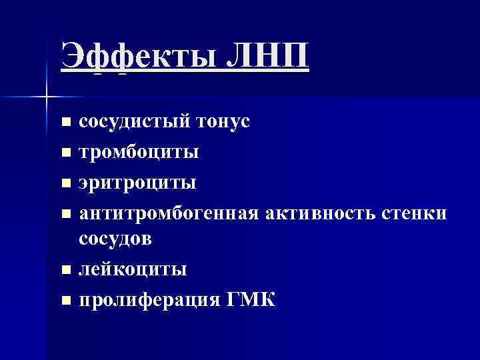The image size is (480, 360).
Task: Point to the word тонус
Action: [x=223, y=122]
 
